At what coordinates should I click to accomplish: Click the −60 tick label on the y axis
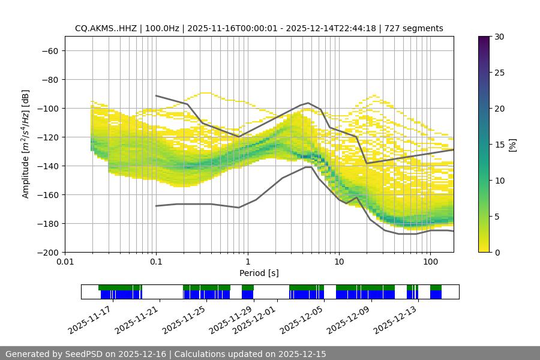[49, 50]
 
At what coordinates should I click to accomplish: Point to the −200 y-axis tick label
[47, 252]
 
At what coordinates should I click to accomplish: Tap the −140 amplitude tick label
[47, 166]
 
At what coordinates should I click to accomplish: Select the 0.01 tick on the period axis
[65, 262]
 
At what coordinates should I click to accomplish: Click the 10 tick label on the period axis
[339, 262]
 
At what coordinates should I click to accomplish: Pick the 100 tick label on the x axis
[430, 262]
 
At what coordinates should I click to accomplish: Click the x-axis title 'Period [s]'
[259, 273]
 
